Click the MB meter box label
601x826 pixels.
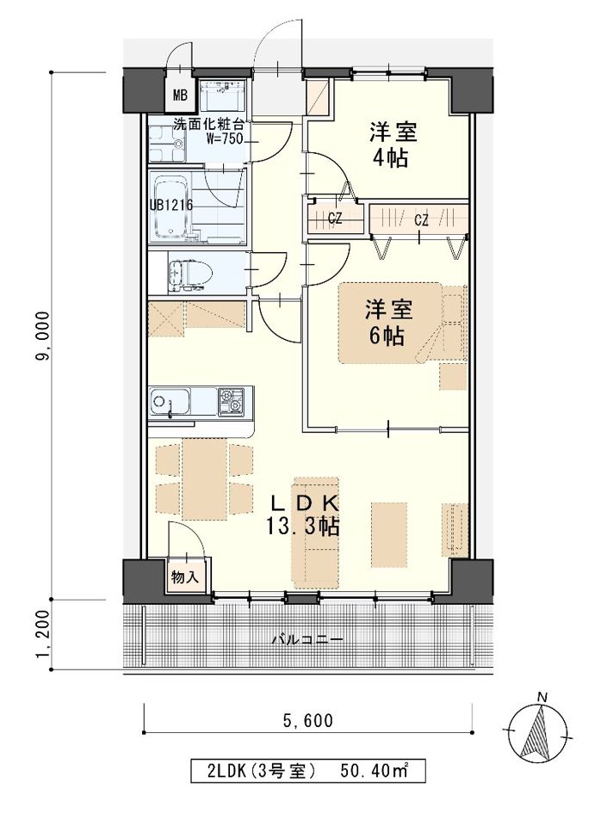pyautogui.click(x=180, y=96)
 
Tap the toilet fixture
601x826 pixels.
pyautogui.click(x=190, y=272)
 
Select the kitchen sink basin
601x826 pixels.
pyautogui.click(x=170, y=403)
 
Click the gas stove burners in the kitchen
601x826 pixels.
pyautogui.click(x=232, y=402)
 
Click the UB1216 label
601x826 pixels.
pyautogui.click(x=170, y=205)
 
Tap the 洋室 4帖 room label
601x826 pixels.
pyautogui.click(x=393, y=145)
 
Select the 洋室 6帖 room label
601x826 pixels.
pyautogui.click(x=388, y=323)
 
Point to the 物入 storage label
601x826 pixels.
pyautogui.click(x=185, y=577)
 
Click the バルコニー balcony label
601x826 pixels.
pyautogui.click(x=307, y=640)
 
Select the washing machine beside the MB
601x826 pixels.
pyautogui.click(x=222, y=96)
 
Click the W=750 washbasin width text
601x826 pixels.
pyautogui.click(x=224, y=139)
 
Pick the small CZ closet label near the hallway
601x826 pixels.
pyautogui.click(x=335, y=219)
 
